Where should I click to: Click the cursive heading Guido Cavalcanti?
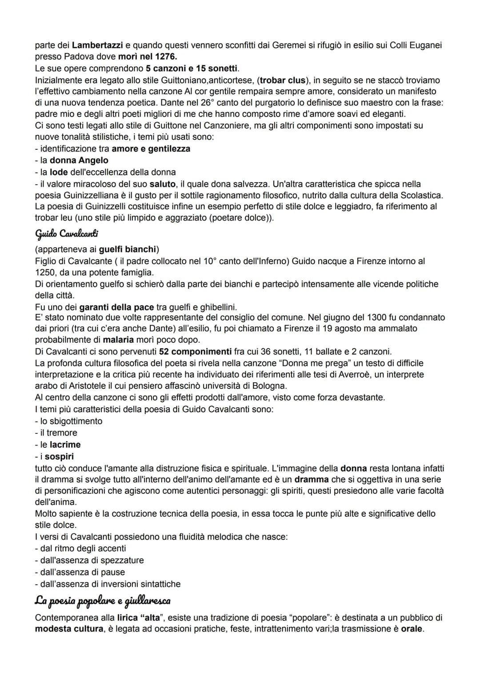click(x=66, y=233)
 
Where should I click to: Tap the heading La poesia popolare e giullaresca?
click(x=102, y=601)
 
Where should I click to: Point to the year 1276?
click(x=166, y=57)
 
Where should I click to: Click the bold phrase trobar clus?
click(x=283, y=80)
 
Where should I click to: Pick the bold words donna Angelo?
click(x=79, y=160)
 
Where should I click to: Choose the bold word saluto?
click(x=162, y=184)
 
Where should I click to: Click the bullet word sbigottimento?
click(x=71, y=421)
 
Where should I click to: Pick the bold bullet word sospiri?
click(x=60, y=457)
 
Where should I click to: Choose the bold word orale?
click(x=412, y=629)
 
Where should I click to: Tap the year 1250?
click(x=44, y=272)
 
